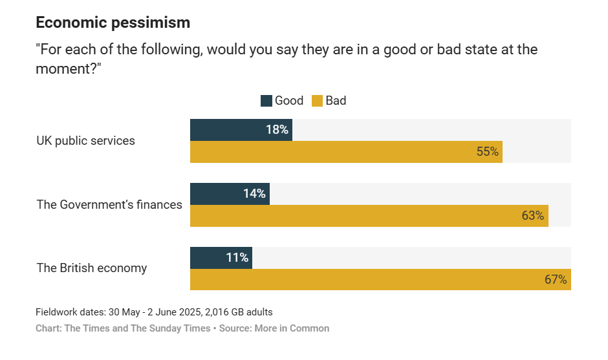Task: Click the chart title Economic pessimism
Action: (x=113, y=23)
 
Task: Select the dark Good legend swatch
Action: (x=266, y=101)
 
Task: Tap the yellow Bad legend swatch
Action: (x=317, y=101)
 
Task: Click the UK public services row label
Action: (x=86, y=140)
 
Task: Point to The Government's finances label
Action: (x=109, y=204)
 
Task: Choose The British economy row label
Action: (x=92, y=268)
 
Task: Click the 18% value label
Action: (x=277, y=130)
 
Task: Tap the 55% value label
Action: (x=488, y=152)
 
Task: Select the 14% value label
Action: (x=254, y=193)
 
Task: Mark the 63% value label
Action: (x=533, y=215)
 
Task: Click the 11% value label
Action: (x=237, y=257)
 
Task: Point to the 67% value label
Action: (x=556, y=279)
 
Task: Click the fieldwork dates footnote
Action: (x=154, y=312)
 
